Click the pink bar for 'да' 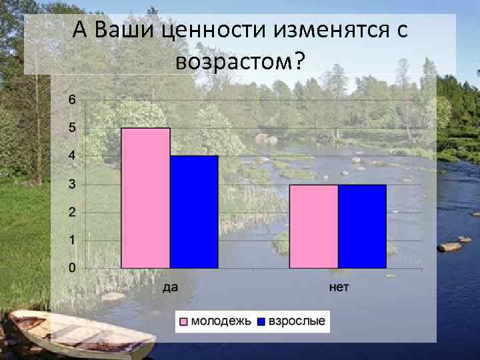[145, 198]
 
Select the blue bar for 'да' [194, 212]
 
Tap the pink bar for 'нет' [313, 227]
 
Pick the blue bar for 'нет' [362, 227]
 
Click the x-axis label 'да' [170, 287]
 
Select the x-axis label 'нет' [339, 287]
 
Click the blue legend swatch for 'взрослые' [261, 322]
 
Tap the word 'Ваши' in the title [124, 30]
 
